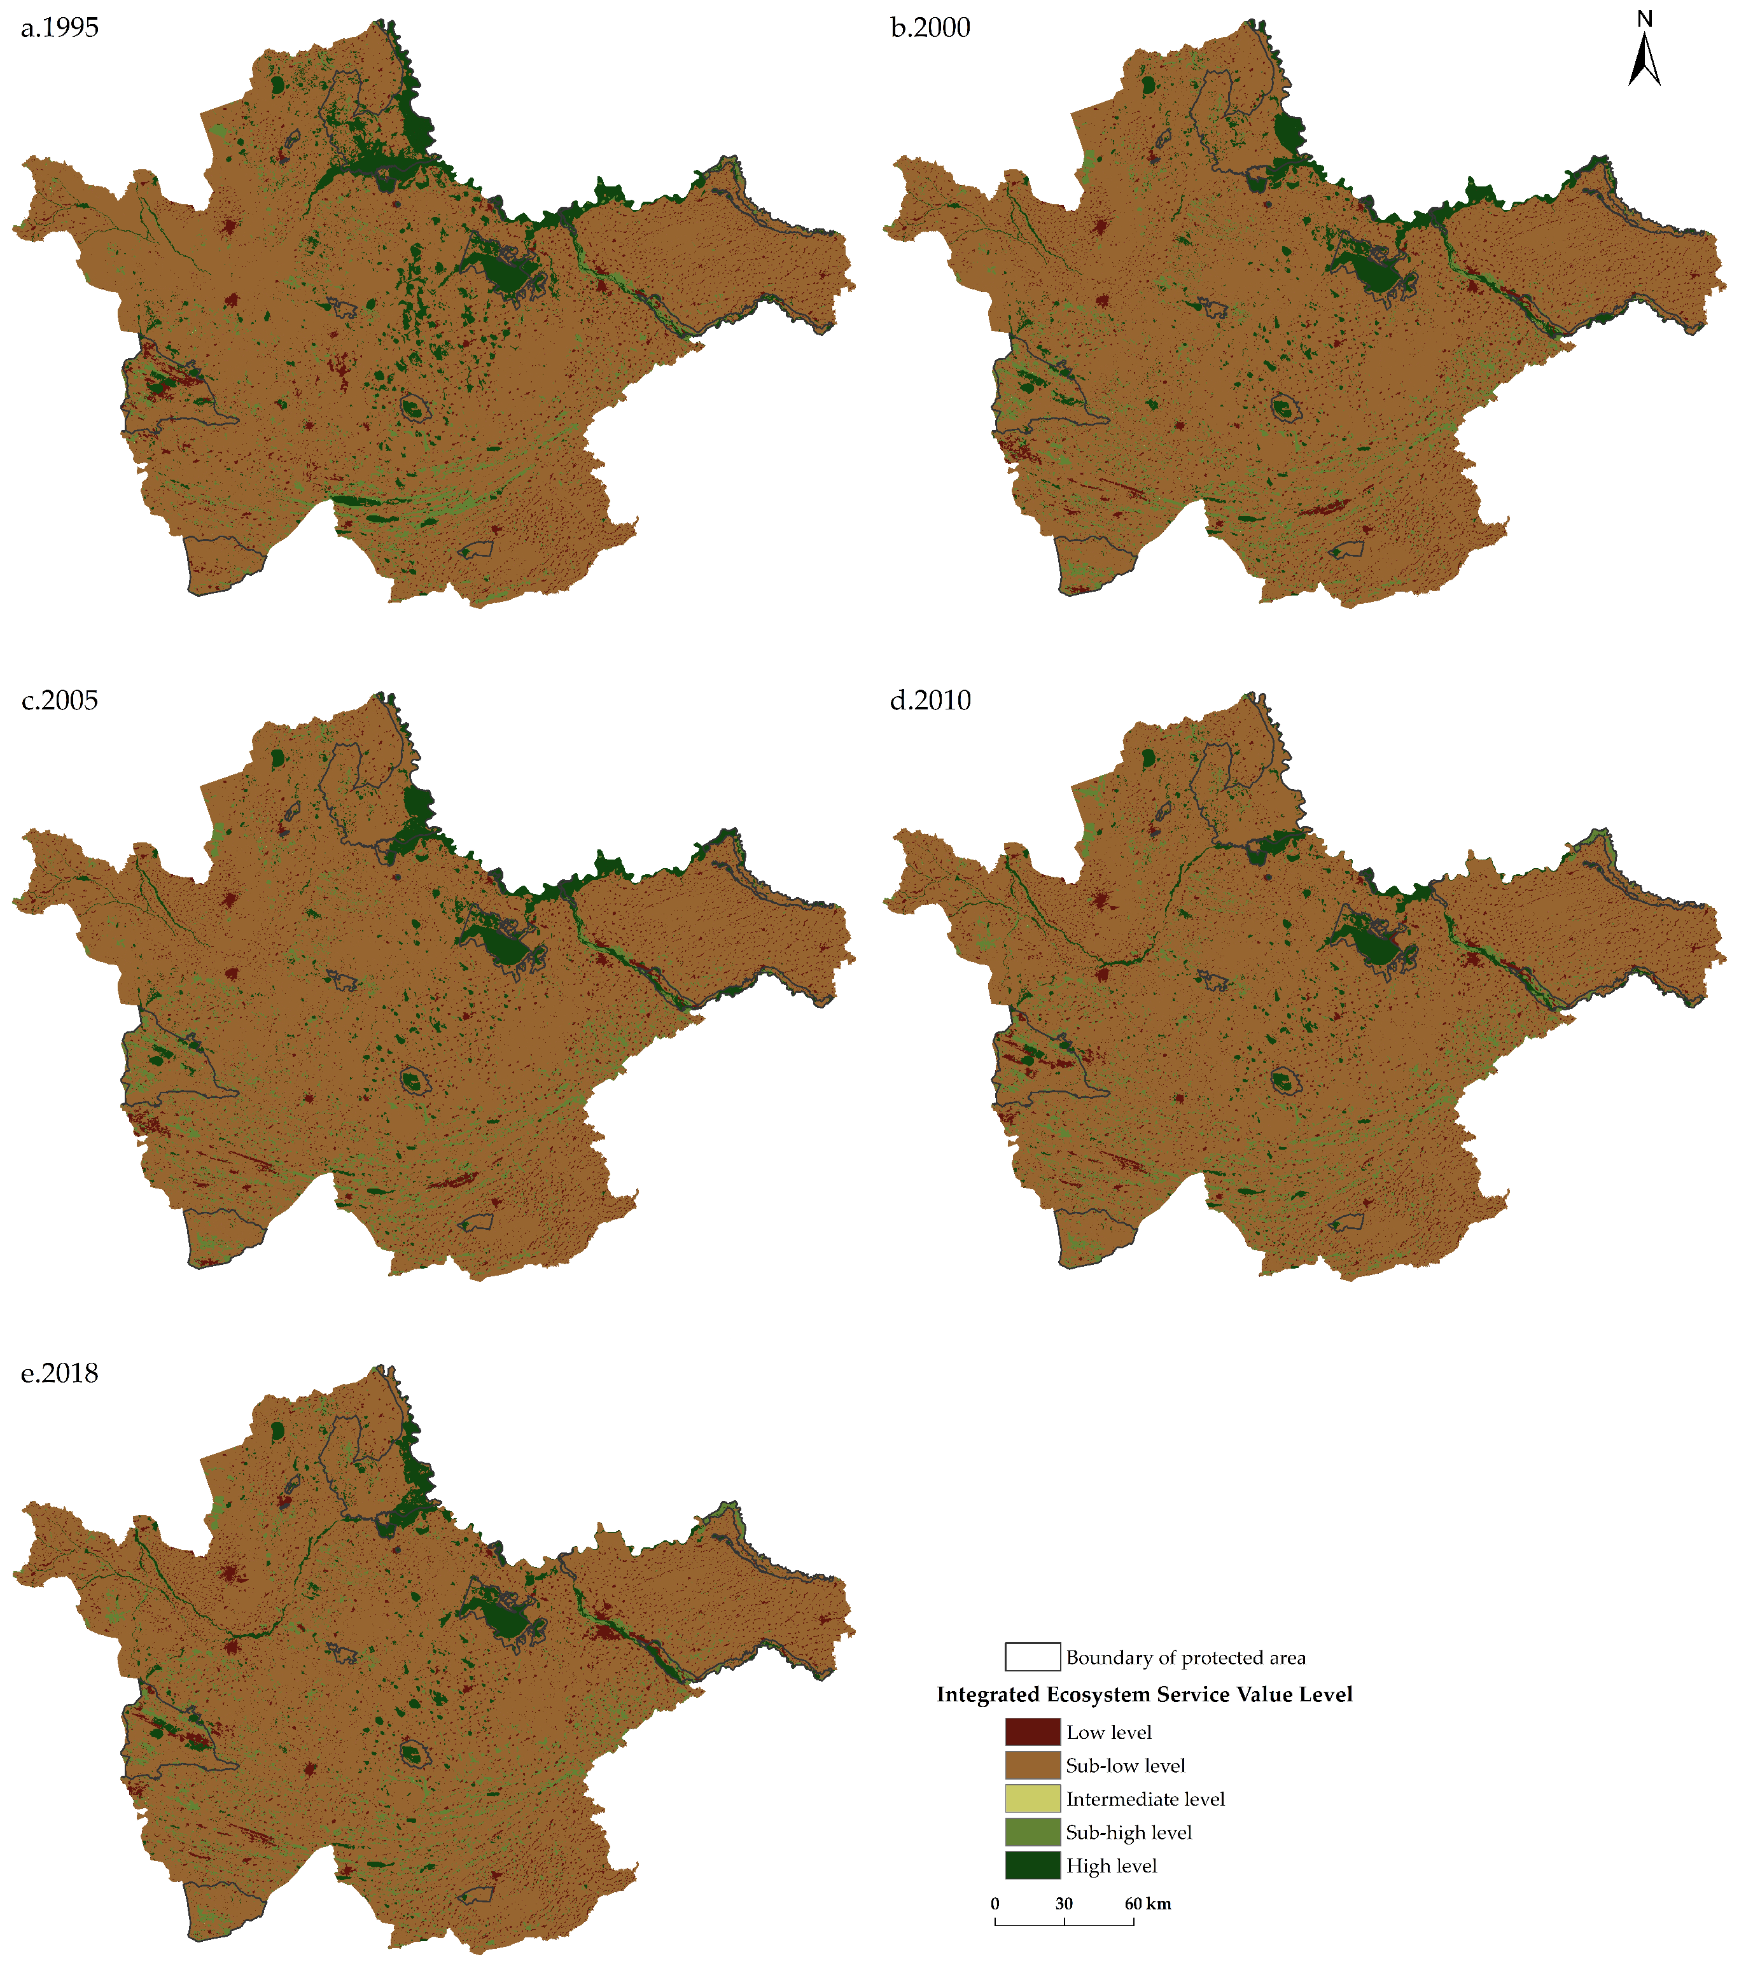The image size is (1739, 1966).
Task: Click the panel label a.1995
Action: [x=60, y=28]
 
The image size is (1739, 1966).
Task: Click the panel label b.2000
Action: [x=930, y=28]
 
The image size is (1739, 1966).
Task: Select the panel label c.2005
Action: [x=60, y=701]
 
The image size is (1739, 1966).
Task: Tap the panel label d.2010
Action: [x=930, y=701]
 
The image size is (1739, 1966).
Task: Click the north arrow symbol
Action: [x=1645, y=60]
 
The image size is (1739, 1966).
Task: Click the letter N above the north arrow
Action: [x=1645, y=18]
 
